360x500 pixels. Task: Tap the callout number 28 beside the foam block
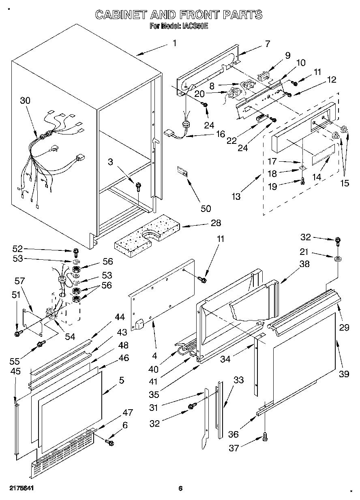pos(216,222)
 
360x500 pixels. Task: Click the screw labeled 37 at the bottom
pos(265,436)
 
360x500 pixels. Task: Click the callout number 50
pos(206,209)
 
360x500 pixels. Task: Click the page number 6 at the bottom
pos(180,489)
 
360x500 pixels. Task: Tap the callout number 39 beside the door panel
pos(344,374)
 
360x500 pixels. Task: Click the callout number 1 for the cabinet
pos(174,43)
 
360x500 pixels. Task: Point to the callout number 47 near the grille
pos(127,413)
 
